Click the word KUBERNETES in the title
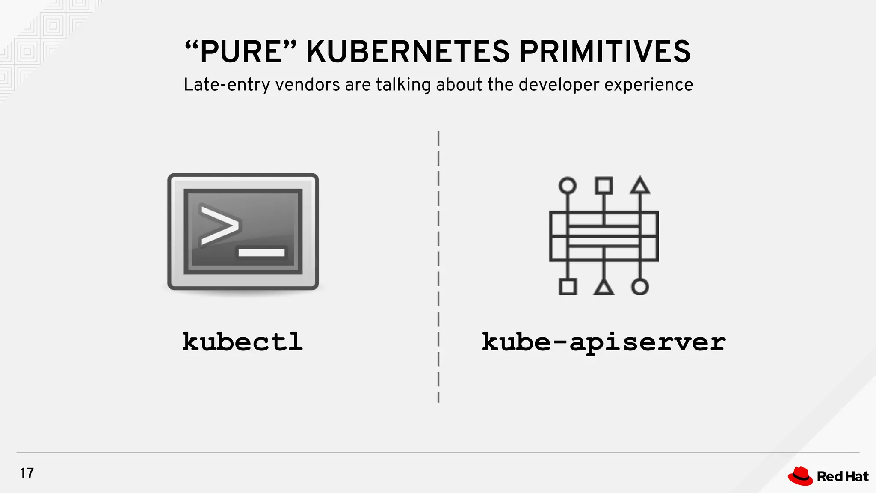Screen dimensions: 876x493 coord(408,52)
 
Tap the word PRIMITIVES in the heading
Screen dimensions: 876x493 coord(605,52)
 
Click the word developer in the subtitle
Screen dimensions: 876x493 coord(559,85)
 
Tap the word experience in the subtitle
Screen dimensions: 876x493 coord(648,85)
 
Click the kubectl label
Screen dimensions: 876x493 coord(243,342)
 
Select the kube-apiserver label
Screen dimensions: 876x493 coord(604,342)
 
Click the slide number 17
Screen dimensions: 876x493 coord(27,473)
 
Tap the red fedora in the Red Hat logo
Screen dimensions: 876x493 coord(800,476)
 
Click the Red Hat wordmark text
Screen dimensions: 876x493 coord(842,476)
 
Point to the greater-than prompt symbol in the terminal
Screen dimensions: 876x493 coord(219,226)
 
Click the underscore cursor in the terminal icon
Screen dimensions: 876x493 coord(261,252)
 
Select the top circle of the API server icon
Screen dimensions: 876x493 coord(568,186)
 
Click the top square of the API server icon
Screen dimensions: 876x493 coord(604,186)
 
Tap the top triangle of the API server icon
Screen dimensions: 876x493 coord(640,187)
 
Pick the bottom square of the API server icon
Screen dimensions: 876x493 coord(568,287)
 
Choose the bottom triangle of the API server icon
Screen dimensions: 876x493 coord(604,288)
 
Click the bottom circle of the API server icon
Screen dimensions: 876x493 coord(640,287)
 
